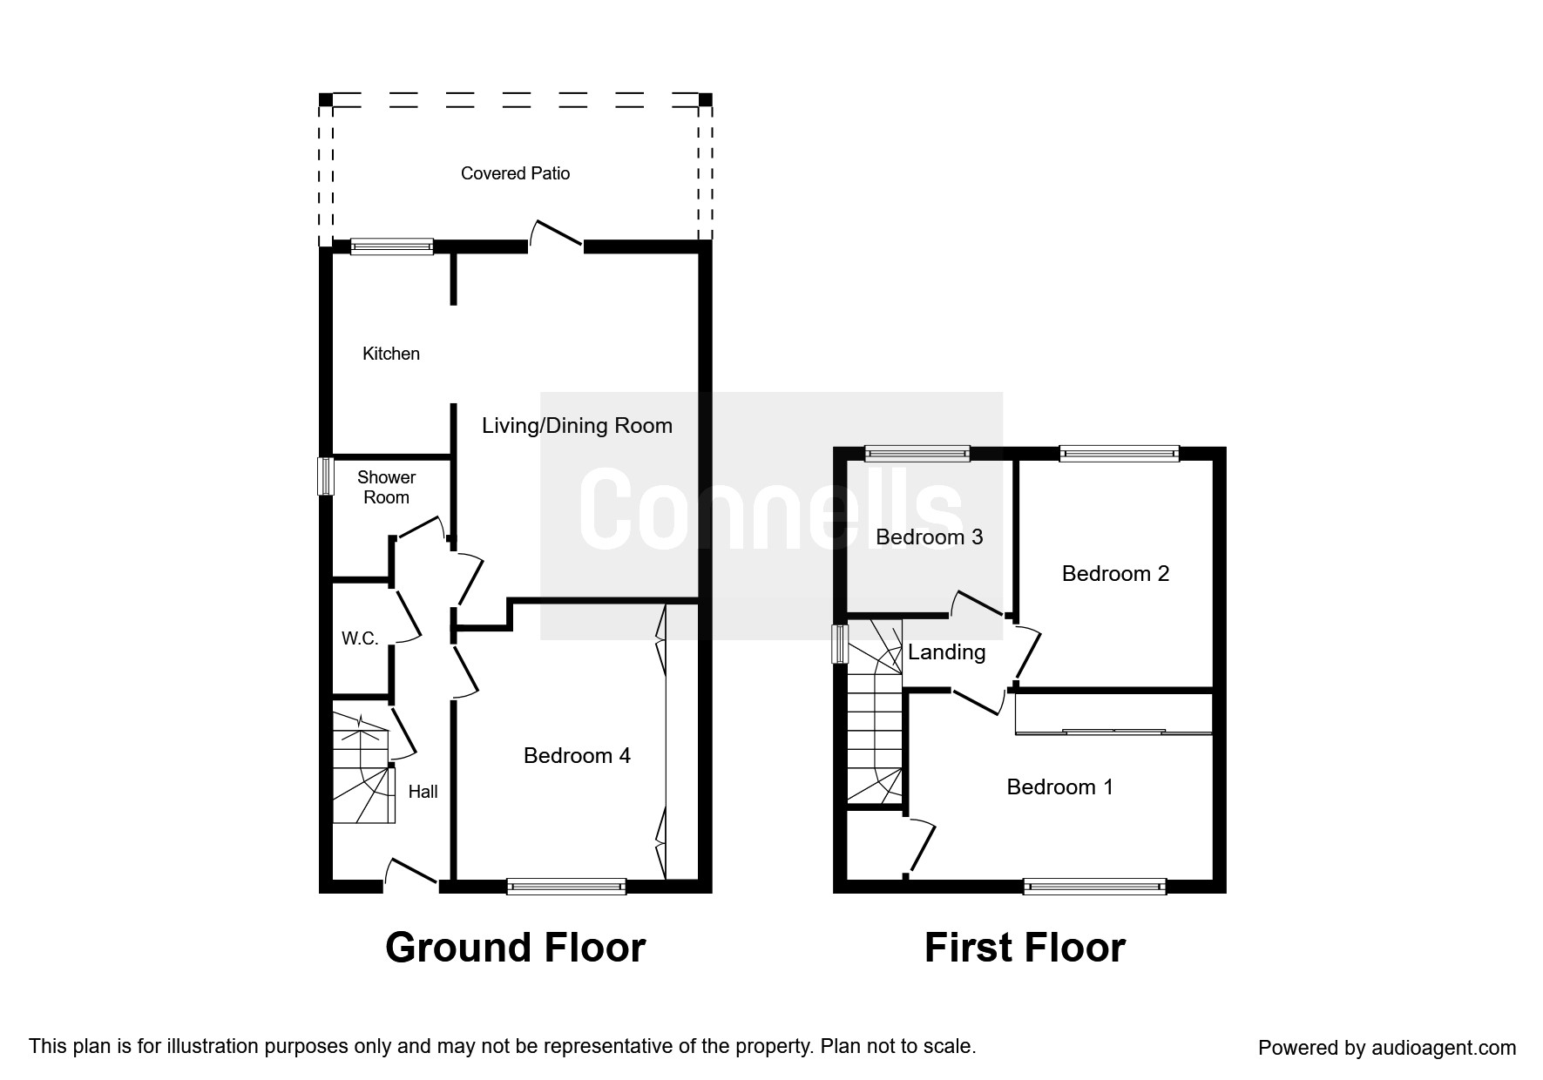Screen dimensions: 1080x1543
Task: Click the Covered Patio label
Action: click(x=515, y=173)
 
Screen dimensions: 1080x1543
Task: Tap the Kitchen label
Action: click(x=391, y=354)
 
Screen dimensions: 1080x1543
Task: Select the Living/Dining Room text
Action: click(x=577, y=426)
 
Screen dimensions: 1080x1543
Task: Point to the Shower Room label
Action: click(x=386, y=488)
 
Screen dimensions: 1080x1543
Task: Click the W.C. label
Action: click(x=360, y=638)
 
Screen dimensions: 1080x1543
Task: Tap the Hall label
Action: click(x=423, y=792)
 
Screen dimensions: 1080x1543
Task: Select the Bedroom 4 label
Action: click(x=577, y=756)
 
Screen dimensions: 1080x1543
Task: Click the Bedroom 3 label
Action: click(x=929, y=537)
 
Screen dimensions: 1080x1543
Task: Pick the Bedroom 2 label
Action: click(x=1115, y=574)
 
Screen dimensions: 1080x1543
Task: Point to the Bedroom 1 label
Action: click(x=1059, y=787)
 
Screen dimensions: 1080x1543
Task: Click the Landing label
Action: click(x=946, y=652)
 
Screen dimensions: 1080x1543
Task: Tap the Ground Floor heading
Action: click(x=515, y=948)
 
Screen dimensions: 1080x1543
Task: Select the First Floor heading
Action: click(x=1025, y=948)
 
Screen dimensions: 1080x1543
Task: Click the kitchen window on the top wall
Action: click(x=391, y=247)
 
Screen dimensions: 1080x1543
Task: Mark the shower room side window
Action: click(x=325, y=476)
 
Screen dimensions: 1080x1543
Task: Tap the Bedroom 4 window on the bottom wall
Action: click(x=566, y=887)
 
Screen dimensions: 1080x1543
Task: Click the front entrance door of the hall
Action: click(x=411, y=874)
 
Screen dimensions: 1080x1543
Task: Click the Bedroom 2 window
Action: click(x=1119, y=453)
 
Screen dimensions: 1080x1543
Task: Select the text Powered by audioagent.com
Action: click(x=1387, y=1048)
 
